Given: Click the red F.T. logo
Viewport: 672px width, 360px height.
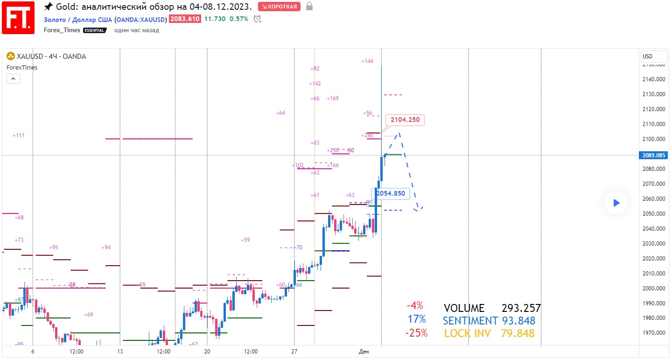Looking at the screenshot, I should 18,17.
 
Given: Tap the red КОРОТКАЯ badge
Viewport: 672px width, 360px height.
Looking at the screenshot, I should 279,7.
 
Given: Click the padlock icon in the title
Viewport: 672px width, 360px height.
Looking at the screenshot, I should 309,7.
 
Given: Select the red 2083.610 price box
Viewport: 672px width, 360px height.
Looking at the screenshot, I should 185,19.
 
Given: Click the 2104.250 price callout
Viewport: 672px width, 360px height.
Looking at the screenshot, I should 405,120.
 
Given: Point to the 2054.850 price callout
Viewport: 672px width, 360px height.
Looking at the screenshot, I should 391,193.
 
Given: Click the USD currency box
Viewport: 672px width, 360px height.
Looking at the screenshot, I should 648,56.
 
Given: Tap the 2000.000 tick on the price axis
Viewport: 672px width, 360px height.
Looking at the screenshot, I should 654,289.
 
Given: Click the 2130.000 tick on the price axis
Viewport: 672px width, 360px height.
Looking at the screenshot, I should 654,94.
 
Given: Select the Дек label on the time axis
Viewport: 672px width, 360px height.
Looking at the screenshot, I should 364,351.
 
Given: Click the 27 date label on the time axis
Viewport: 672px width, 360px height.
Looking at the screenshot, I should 294,351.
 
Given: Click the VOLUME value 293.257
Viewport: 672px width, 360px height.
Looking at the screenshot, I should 521,308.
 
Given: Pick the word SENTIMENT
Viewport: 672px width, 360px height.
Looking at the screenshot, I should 470,321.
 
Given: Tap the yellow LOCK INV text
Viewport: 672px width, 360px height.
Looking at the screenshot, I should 470,333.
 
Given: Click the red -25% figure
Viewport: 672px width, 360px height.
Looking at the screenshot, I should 416,333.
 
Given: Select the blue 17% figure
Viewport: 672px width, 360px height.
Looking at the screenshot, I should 416,319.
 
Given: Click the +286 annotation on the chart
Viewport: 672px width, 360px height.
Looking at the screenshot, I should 367,135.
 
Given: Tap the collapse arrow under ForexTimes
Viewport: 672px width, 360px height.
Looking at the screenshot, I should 13,78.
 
